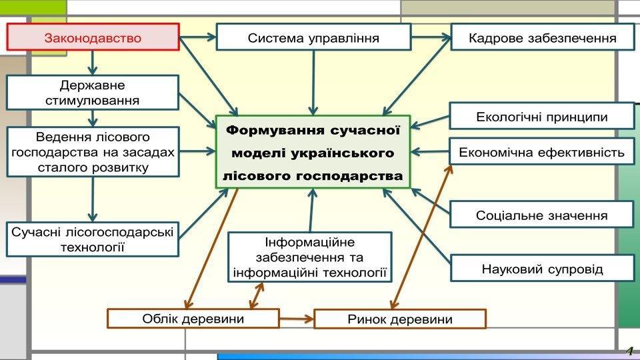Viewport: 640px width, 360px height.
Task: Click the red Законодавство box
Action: coord(93,37)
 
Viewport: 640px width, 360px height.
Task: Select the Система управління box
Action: coord(313,37)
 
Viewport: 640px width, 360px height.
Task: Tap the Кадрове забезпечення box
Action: coord(543,37)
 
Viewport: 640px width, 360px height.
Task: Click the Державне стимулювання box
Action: coord(93,93)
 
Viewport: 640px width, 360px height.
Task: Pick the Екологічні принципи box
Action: coord(541,117)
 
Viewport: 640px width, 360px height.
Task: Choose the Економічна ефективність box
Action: coord(541,153)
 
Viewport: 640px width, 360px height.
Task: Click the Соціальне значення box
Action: coord(541,215)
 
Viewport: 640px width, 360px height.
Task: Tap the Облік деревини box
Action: coord(193,319)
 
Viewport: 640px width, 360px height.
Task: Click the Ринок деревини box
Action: coord(399,319)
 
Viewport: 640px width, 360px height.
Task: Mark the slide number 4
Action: coord(628,351)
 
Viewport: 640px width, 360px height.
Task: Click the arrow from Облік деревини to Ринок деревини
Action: coord(296,319)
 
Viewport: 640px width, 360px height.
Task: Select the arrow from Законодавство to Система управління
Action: coord(198,37)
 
